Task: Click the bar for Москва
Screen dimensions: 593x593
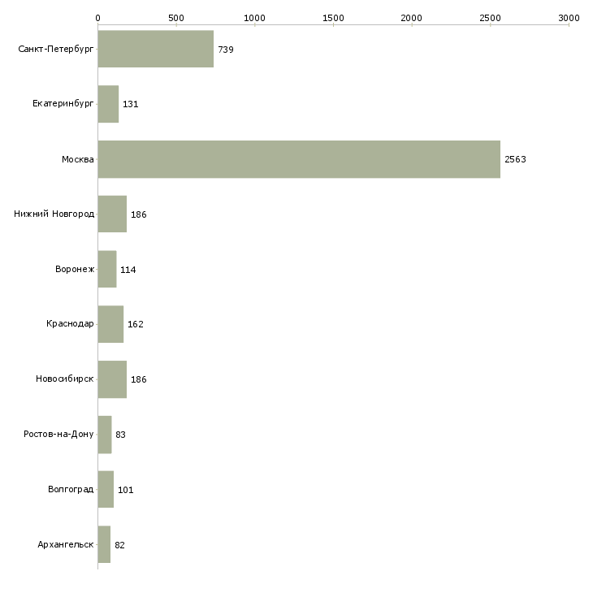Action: pos(299,159)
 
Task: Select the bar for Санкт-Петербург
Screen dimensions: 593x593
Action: pos(155,50)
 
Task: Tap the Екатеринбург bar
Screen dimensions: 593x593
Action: pos(108,104)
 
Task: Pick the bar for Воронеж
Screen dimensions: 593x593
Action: pos(107,269)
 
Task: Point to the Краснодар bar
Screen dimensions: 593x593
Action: pos(110,324)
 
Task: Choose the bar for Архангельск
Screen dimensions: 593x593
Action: pos(104,544)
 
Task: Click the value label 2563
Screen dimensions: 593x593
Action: pos(515,159)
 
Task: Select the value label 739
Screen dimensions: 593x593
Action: pos(226,50)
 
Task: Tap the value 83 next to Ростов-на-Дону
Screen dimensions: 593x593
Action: pos(120,435)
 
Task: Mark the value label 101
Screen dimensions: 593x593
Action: pos(125,490)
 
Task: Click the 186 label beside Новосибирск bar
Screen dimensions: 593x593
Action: pos(138,379)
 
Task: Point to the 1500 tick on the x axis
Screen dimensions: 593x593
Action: pos(333,17)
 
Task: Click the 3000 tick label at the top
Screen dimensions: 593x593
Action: pos(569,17)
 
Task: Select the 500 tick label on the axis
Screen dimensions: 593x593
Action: pos(175,17)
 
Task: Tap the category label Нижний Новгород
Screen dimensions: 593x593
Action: pos(54,214)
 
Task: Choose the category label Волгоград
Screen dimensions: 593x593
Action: pos(71,490)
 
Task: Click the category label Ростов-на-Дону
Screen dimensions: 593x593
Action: pos(58,435)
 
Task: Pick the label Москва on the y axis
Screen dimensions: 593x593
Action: pos(78,159)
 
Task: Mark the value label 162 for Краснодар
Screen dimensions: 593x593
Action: pos(135,324)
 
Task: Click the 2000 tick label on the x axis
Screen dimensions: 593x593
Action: pos(412,17)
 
